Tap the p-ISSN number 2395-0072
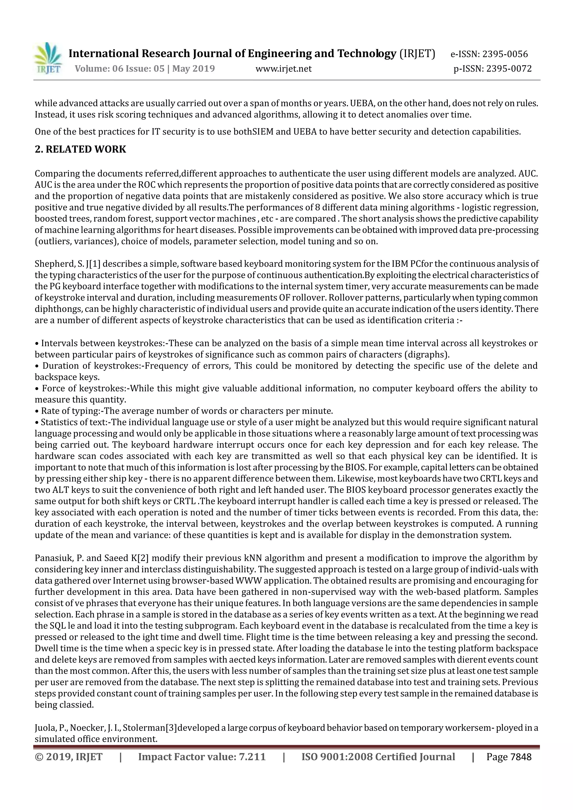point(509,69)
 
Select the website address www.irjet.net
point(283,69)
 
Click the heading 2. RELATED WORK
point(81,149)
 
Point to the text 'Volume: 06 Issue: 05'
point(119,69)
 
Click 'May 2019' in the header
point(193,69)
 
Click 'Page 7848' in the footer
point(508,757)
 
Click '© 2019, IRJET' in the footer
point(69,757)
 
